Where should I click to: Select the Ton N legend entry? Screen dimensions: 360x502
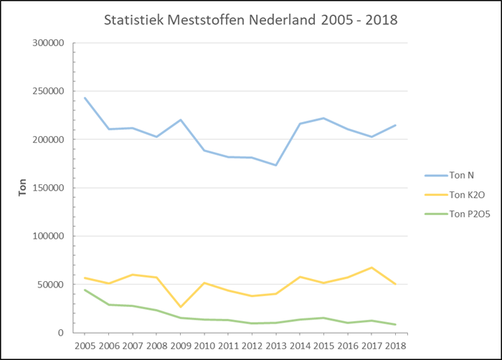451,175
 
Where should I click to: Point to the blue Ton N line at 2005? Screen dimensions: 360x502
85,98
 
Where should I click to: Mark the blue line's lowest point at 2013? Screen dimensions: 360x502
275,165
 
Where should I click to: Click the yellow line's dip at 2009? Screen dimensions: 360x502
180,307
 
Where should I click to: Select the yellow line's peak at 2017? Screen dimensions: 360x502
371,267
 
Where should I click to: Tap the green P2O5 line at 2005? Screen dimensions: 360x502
85,290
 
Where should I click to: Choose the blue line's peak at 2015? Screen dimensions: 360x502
323,118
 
